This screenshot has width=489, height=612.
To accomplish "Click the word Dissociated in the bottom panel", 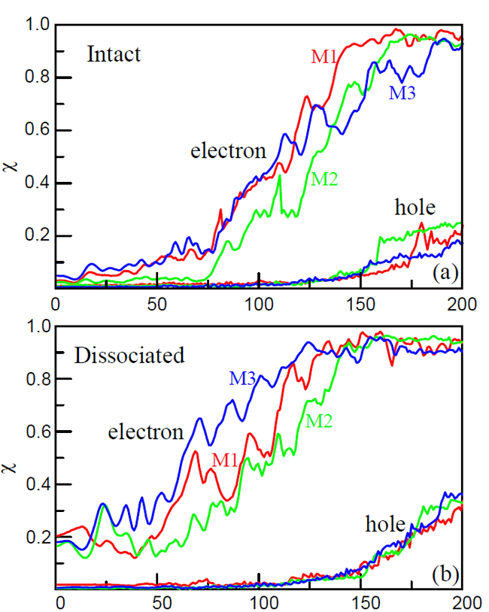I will tap(129, 355).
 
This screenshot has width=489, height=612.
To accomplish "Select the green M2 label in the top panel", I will tap(324, 178).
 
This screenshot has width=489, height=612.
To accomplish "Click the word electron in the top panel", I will tap(228, 150).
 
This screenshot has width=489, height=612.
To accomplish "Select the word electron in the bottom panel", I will tap(146, 432).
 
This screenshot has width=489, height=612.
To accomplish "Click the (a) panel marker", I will tap(444, 273).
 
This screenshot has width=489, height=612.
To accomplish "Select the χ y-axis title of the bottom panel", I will tap(11, 458).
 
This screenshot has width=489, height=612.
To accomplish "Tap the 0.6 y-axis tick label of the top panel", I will tap(34, 131).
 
